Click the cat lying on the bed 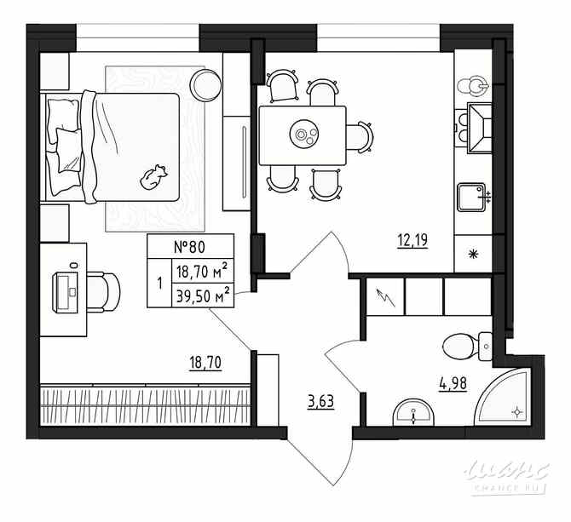(154, 176)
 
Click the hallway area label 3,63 (320, 399)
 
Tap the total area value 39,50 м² (201, 295)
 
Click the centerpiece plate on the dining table (303, 133)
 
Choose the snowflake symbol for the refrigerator (474, 253)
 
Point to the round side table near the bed (205, 84)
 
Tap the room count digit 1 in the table (159, 284)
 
